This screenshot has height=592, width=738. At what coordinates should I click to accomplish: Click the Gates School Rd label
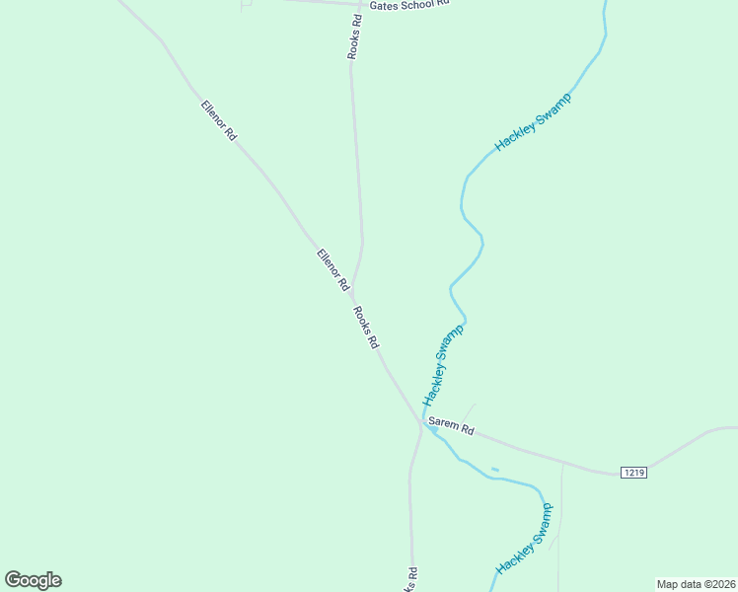click(409, 5)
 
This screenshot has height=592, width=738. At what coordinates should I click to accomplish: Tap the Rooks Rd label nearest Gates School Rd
click(354, 36)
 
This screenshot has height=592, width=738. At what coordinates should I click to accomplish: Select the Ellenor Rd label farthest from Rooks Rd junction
click(218, 119)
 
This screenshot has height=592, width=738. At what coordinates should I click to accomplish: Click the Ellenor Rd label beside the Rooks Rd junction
click(333, 268)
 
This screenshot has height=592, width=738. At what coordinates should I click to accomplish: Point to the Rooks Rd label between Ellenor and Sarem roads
click(365, 328)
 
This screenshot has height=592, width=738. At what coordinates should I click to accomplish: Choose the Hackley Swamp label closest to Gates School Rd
click(533, 122)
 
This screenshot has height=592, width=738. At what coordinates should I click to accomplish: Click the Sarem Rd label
click(452, 430)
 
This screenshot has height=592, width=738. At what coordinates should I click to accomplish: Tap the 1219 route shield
click(633, 473)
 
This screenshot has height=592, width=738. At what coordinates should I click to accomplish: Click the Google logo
click(33, 580)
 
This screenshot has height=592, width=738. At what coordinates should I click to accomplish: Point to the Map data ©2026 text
click(696, 584)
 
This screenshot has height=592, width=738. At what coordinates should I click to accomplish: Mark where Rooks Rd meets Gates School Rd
click(359, 4)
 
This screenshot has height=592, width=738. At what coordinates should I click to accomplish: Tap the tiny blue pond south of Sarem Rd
click(494, 469)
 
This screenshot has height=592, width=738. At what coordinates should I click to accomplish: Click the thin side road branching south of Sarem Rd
click(560, 513)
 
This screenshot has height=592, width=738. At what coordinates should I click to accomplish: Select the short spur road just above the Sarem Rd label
click(470, 409)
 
